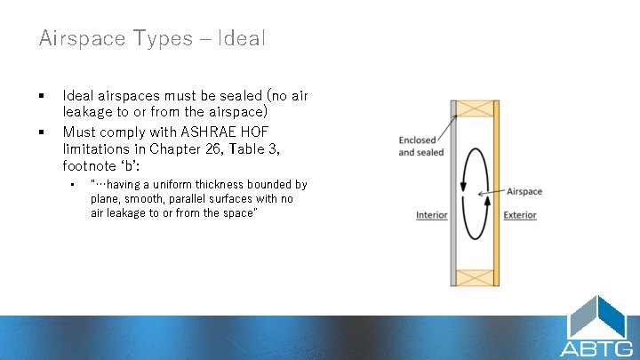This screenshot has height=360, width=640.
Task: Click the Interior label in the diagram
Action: click(x=431, y=215)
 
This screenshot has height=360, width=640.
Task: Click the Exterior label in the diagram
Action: click(x=520, y=215)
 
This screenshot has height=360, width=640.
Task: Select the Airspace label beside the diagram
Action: click(x=524, y=191)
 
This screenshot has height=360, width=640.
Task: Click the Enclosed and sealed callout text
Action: click(x=420, y=147)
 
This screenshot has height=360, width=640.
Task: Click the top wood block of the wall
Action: click(x=475, y=108)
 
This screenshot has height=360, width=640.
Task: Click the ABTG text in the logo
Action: click(x=596, y=347)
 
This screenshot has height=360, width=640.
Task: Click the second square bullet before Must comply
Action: click(x=42, y=132)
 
